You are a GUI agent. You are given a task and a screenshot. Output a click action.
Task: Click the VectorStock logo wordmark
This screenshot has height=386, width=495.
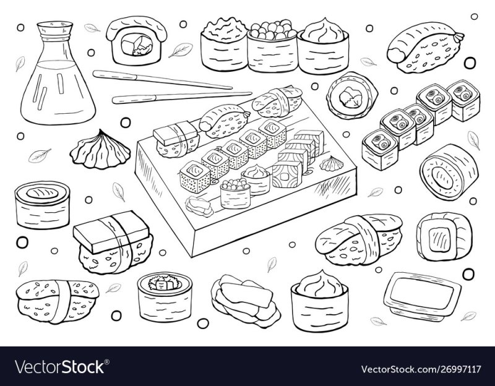[60, 367]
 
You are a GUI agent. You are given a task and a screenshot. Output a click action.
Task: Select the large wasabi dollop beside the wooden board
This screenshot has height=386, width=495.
[100, 150]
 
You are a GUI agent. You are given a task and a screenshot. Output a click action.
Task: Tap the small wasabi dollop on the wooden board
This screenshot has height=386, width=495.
[332, 163]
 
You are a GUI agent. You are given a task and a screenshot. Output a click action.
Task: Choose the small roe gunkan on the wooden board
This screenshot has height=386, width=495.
[235, 193]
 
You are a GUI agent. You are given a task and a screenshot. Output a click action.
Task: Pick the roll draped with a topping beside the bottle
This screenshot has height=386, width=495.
[136, 40]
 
